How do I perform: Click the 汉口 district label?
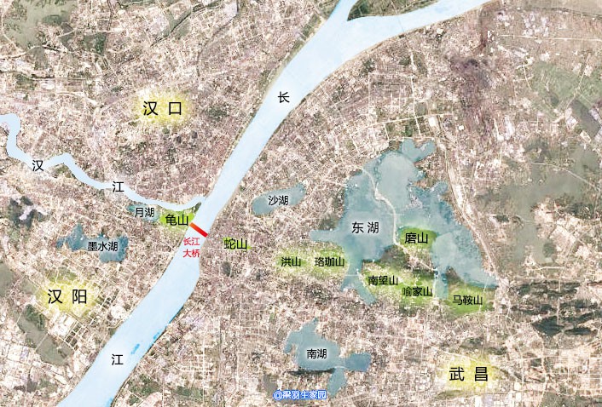tap(165, 108)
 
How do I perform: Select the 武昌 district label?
tap(469, 373)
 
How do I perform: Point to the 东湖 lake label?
tap(366, 227)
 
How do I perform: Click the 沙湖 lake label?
tap(278, 200)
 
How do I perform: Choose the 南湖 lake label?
tap(316, 353)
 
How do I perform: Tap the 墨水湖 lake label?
tap(102, 245)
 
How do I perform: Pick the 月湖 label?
tap(144, 212)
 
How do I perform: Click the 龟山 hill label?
tap(177, 221)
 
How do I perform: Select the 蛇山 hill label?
tap(235, 244)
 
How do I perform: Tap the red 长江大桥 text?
tap(192, 248)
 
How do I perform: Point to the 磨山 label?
tap(417, 238)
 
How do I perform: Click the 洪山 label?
tap(291, 261)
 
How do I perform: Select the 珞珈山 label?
tap(329, 261)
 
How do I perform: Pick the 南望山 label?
tap(383, 280)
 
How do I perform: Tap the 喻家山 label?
tap(417, 291)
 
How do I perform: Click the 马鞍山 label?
tap(467, 301)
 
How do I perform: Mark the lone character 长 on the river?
tap(284, 98)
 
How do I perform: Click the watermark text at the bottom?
tap(300, 395)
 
